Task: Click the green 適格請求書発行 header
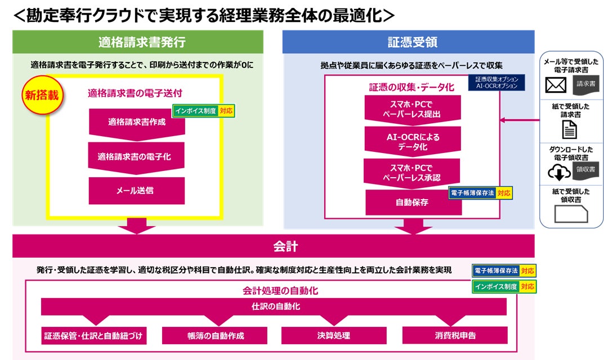[138, 42]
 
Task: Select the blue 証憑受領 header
[408, 42]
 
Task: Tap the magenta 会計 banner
[273, 246]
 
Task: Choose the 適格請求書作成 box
[137, 121]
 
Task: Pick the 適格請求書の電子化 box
[137, 156]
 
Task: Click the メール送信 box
[137, 191]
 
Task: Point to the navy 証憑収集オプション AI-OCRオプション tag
[496, 83]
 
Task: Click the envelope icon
[556, 84]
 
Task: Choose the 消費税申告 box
[455, 335]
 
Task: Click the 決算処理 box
[333, 335]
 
